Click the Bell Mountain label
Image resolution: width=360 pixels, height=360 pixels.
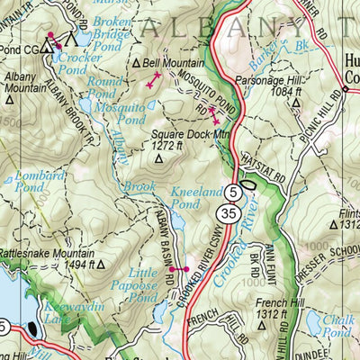(169, 64)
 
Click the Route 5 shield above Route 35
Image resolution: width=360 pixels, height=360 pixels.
(234, 191)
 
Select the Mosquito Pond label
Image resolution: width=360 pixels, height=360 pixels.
(121, 113)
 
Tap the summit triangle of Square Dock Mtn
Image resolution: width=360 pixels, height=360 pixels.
(159, 159)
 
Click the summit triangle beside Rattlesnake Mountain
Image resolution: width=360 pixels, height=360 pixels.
(101, 265)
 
